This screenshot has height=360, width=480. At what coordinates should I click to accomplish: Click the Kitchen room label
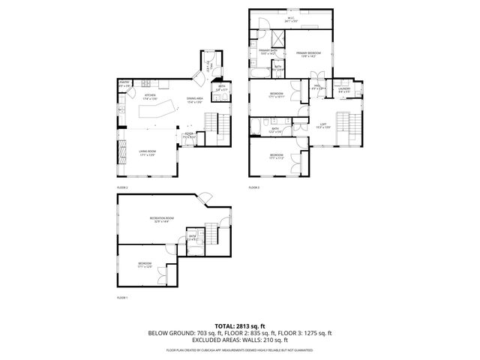coord(149,97)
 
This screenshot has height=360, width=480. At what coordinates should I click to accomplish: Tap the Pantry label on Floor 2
coord(124,85)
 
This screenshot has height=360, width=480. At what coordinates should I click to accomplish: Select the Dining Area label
coord(196,100)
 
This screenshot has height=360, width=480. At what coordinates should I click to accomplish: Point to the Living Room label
coord(146,154)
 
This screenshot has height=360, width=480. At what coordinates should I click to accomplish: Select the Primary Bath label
coord(268,52)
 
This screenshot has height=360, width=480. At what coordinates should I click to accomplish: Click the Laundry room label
coord(346,90)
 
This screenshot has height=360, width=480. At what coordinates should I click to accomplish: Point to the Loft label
coord(323,124)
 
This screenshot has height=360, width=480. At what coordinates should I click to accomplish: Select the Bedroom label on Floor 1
coord(144,264)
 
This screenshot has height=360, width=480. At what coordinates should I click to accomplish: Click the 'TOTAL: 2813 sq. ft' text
coord(240,325)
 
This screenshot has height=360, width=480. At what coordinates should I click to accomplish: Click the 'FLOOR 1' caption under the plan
coord(122,298)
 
